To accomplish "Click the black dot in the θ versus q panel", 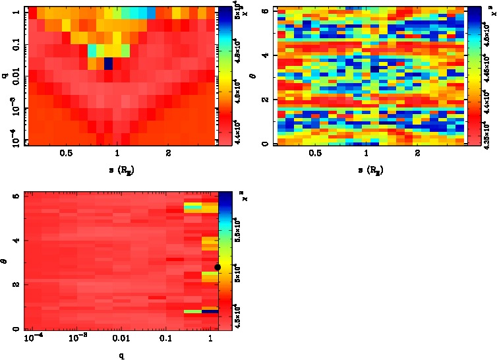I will coord(218,266).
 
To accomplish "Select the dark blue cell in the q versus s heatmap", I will coord(108,64).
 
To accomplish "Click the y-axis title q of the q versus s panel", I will coord(5,76).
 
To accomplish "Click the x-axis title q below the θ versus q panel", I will coord(122,356).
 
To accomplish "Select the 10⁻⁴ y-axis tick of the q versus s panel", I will coord(14,140).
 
